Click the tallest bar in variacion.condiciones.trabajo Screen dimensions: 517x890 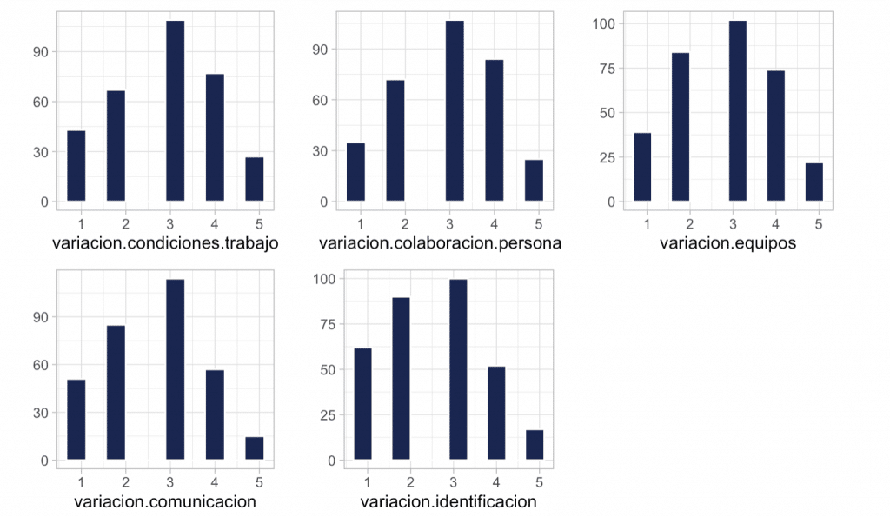(x=175, y=111)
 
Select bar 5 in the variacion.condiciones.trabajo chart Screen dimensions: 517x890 (x=254, y=179)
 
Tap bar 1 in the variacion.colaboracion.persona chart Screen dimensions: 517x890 (x=355, y=172)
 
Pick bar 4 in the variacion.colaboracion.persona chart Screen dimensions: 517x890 (x=494, y=130)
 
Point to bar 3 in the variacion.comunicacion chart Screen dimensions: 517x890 (x=175, y=369)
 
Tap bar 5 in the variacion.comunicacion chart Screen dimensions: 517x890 (x=254, y=448)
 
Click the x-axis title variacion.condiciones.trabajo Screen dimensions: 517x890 (x=166, y=243)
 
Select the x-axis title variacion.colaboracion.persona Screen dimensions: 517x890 (x=440, y=243)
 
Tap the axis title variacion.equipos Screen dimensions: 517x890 (x=727, y=243)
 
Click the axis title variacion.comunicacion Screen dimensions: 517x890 (x=165, y=501)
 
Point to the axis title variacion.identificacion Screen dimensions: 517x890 (x=448, y=501)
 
